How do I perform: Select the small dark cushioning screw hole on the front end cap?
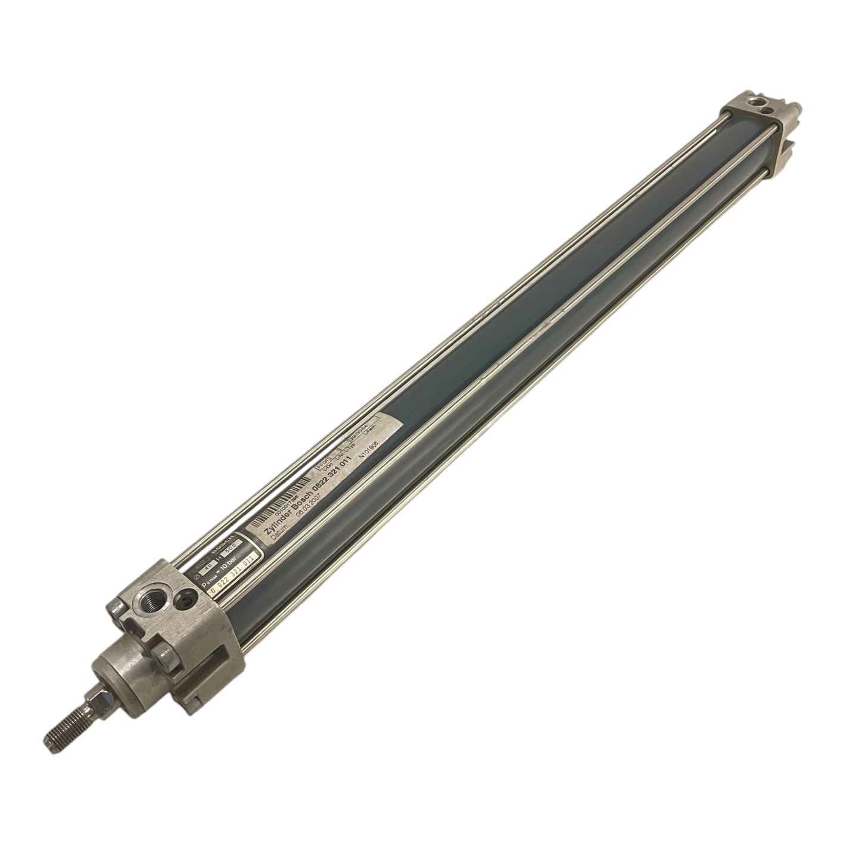(x=189, y=595)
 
